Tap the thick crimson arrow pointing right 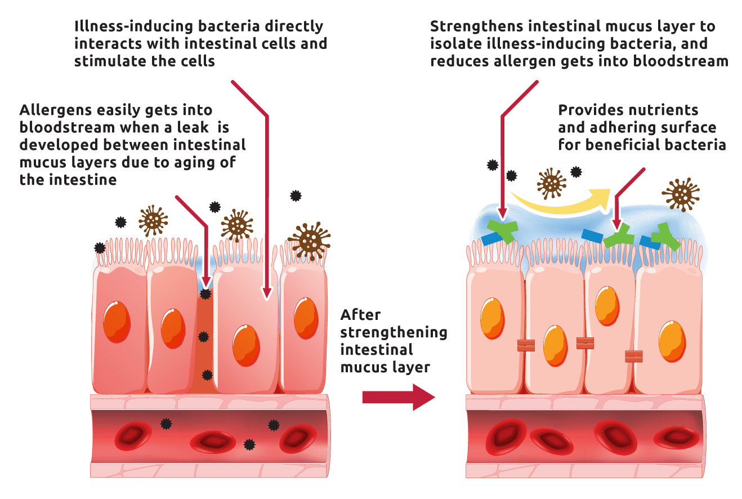[x=399, y=397]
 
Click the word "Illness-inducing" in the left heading [x=133, y=26]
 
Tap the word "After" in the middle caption [x=360, y=315]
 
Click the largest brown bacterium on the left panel [x=310, y=241]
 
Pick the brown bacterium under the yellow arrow [x=552, y=183]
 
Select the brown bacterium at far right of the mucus [x=681, y=194]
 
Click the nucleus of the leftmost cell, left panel [x=117, y=322]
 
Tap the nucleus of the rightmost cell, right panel [x=672, y=341]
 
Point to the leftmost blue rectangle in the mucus [x=491, y=239]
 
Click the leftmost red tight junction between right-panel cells [x=526, y=345]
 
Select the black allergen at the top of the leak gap [x=205, y=293]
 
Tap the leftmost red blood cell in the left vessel [x=133, y=436]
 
